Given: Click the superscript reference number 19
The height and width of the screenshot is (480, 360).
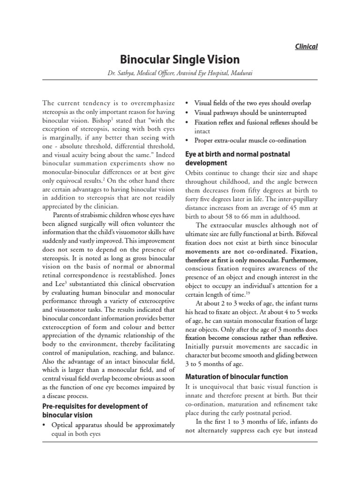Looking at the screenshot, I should coord(246,292).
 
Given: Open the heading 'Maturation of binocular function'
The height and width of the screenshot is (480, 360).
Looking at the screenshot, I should coord(237,377).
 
